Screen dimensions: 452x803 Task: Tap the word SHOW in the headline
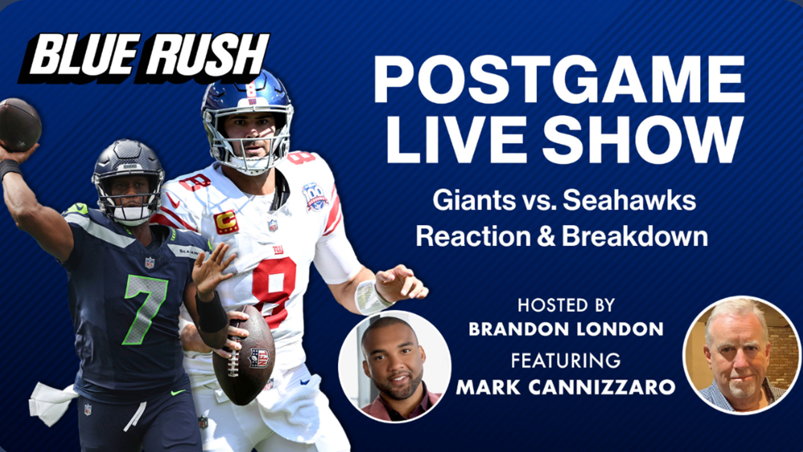tap(643, 140)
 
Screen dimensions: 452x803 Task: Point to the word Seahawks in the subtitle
tap(629, 200)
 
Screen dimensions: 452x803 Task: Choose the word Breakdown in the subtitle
tap(634, 237)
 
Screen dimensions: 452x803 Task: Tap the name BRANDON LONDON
tap(566, 329)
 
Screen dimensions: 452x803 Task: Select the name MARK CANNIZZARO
tap(565, 387)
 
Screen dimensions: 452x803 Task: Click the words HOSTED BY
tap(566, 306)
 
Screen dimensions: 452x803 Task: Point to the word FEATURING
tap(566, 361)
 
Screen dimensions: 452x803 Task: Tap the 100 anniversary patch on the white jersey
tap(315, 196)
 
